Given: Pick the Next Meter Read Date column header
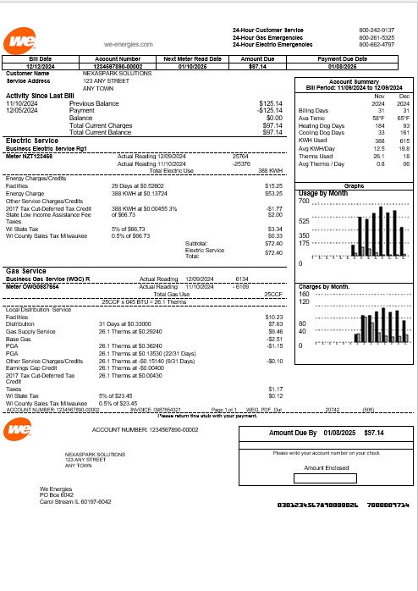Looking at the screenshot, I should click(x=192, y=58).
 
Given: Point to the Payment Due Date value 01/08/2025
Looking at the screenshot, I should click(x=348, y=65).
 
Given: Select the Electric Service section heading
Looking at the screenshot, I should click(x=31, y=141).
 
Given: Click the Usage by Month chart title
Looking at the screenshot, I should click(x=324, y=194).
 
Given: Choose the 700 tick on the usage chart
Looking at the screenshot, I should click(x=305, y=202).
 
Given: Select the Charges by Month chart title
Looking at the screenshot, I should click(x=324, y=287).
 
